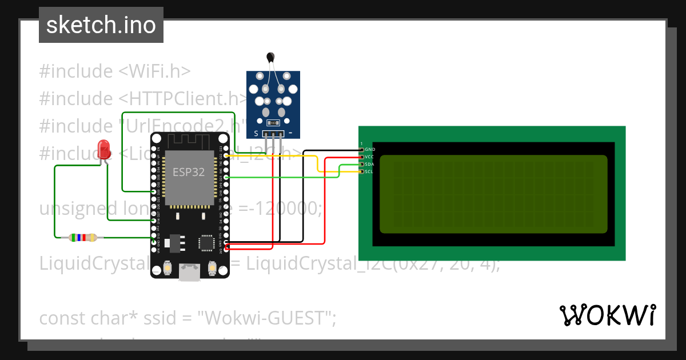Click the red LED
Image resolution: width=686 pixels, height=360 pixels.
(104, 149)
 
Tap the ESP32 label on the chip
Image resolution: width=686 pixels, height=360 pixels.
(189, 173)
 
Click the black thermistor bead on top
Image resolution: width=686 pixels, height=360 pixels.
(270, 56)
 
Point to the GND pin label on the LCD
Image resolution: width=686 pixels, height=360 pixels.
(370, 149)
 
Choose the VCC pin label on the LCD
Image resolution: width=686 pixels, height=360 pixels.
(370, 157)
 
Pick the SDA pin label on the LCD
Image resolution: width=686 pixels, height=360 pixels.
(370, 164)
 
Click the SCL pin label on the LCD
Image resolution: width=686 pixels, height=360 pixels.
(370, 171)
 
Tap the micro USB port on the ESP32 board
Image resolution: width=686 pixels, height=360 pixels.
(190, 273)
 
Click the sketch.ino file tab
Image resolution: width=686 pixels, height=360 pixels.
(101, 25)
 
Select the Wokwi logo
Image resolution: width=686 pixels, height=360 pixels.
(607, 315)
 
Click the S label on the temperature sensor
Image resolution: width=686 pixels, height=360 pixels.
(256, 133)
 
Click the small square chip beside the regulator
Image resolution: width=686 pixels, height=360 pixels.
(206, 243)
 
